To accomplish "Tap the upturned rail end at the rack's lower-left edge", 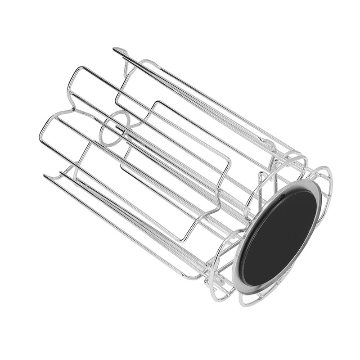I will pyautogui.click(x=45, y=176).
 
